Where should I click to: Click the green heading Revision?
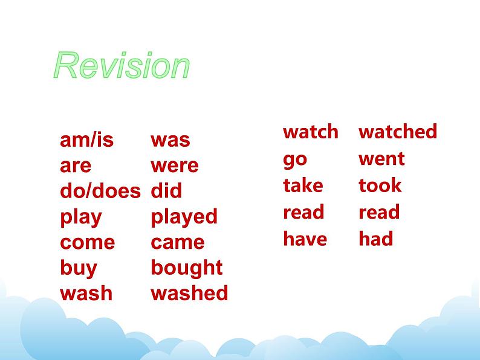click(122, 65)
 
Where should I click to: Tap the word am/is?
click(87, 140)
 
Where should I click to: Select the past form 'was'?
click(170, 140)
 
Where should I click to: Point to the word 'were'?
click(175, 166)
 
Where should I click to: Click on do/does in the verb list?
click(100, 190)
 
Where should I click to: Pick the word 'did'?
click(166, 190)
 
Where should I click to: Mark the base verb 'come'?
click(88, 243)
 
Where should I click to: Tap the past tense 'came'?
click(178, 243)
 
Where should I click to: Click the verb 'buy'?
click(79, 269)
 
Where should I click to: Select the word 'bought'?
click(187, 269)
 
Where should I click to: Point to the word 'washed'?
click(189, 293)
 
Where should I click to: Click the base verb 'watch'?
click(311, 132)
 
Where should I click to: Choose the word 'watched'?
click(398, 132)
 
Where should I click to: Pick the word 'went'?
click(381, 159)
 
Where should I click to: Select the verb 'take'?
click(303, 185)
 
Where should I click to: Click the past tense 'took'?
click(380, 185)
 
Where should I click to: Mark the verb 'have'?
click(305, 239)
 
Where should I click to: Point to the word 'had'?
click(376, 239)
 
